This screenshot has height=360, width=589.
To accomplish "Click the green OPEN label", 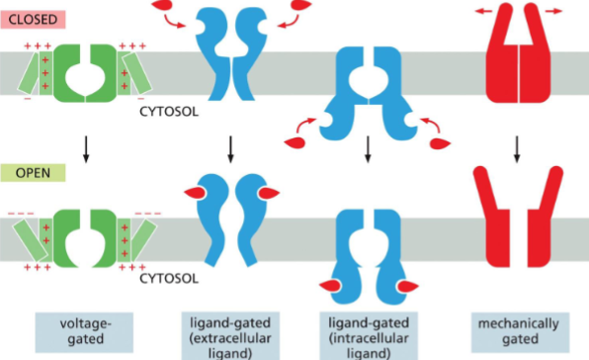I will point(32,172).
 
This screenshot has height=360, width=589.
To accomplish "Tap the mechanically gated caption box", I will point(518,330).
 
